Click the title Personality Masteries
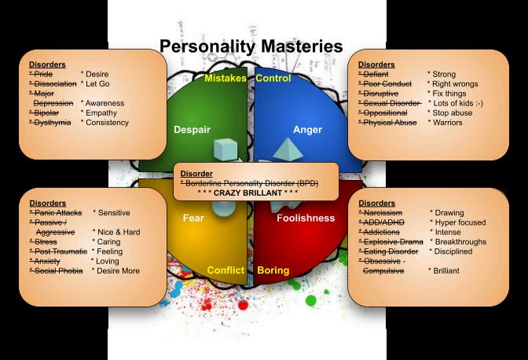[x=251, y=46]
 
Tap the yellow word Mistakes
[x=225, y=79]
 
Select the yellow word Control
[x=273, y=79]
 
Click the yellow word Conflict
[x=226, y=270]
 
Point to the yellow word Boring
[x=273, y=270]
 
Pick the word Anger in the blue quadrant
[x=307, y=129]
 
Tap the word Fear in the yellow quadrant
[x=193, y=218]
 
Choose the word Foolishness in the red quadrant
[x=306, y=218]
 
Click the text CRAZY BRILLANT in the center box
[x=248, y=192]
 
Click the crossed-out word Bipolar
[x=45, y=113]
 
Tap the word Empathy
[x=101, y=113]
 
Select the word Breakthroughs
[x=459, y=242]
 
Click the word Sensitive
[x=112, y=213]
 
